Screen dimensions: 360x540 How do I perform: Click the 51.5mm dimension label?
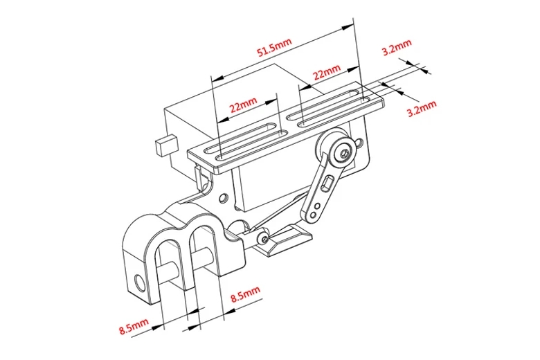pos(274,51)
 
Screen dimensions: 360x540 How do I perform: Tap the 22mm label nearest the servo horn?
pos(327,72)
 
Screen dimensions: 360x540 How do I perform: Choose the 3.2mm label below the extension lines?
pos(422,108)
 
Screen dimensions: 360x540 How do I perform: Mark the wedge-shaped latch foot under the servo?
pos(289,242)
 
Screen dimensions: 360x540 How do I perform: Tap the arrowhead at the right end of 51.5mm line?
pos(349,27)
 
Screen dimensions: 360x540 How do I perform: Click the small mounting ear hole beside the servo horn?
pos(360,143)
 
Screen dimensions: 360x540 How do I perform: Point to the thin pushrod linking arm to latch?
pos(280,213)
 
